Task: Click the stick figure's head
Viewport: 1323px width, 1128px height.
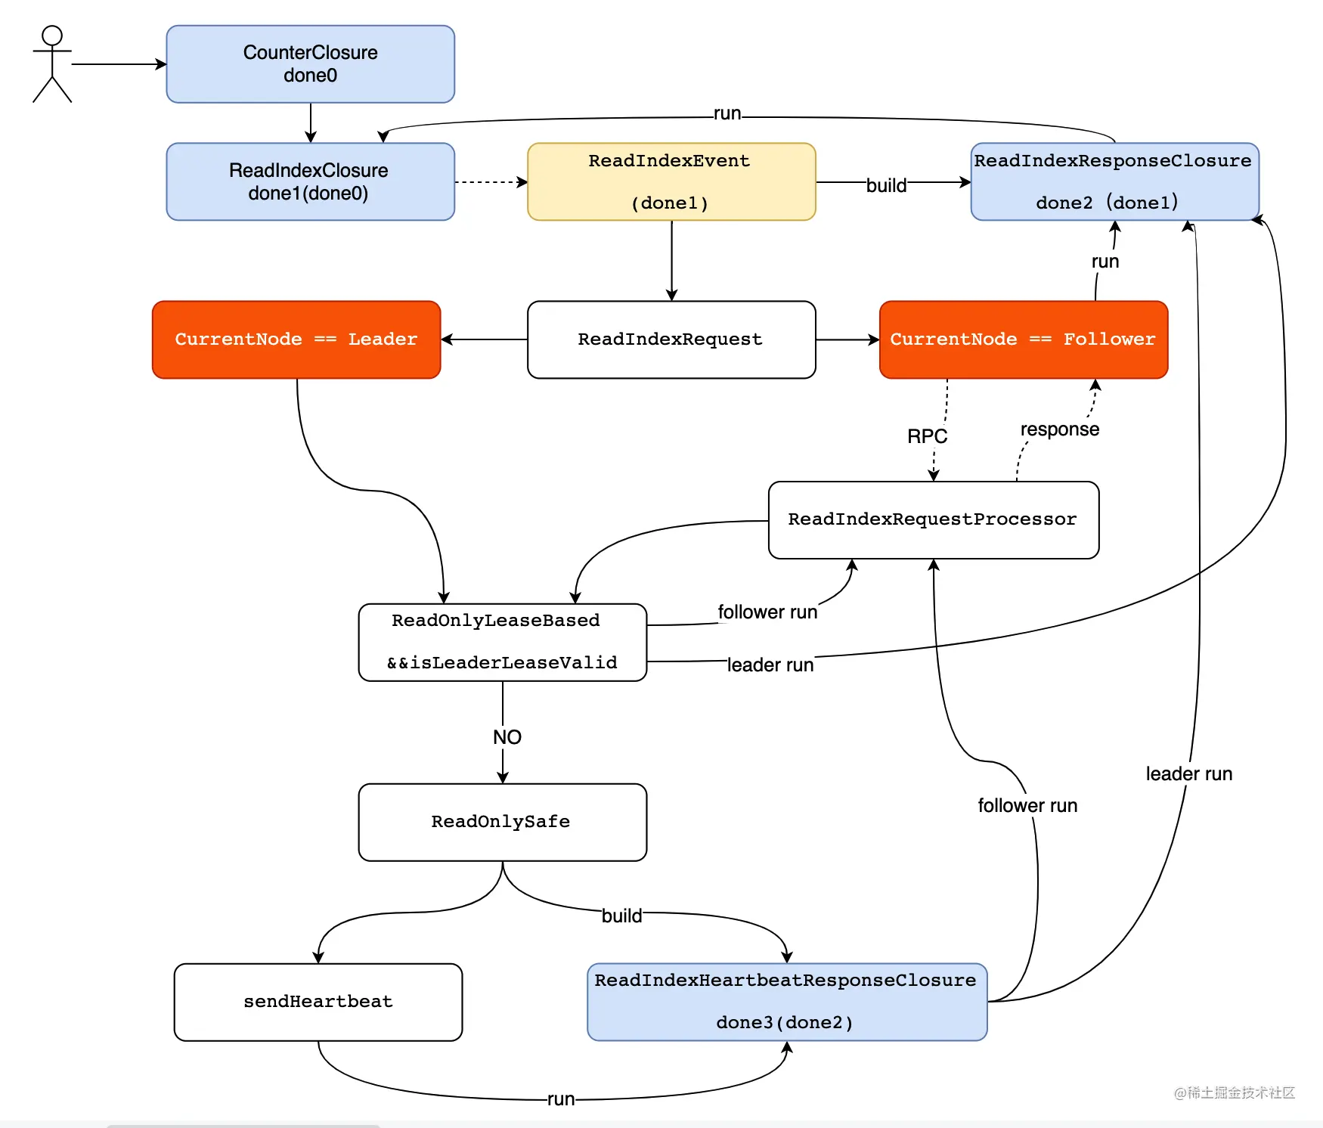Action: (52, 36)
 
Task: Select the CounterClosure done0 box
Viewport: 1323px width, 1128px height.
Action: (311, 64)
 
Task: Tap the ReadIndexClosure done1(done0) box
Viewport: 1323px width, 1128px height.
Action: (311, 182)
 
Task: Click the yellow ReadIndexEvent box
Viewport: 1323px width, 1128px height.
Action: (671, 182)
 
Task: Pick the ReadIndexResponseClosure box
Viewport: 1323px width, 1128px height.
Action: (1115, 182)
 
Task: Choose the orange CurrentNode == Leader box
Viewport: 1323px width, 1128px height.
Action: (296, 339)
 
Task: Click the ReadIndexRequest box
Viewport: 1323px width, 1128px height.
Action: (671, 339)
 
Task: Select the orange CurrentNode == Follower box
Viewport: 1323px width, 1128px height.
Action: (1024, 339)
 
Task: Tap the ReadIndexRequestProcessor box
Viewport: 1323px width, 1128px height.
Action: (934, 520)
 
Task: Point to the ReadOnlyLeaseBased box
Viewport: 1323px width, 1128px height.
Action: (503, 642)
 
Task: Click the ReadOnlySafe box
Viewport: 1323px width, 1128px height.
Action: (503, 822)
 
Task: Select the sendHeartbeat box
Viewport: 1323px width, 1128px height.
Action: (318, 1002)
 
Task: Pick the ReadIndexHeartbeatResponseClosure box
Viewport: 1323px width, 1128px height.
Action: (787, 1002)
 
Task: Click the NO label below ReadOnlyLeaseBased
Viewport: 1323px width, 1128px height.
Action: (507, 737)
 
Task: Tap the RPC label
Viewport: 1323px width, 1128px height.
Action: (928, 436)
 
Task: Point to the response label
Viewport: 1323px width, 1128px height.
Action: (1060, 429)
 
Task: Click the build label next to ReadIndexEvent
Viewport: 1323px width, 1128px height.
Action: (886, 185)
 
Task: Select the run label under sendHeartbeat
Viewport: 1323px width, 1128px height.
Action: (561, 1099)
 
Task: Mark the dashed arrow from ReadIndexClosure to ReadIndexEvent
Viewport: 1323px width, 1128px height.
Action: (491, 182)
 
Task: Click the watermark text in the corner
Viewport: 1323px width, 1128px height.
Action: (1235, 1092)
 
